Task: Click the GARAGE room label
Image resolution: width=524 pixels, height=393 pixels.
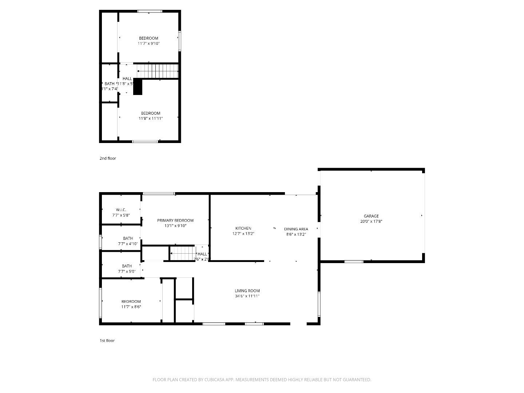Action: pyautogui.click(x=371, y=216)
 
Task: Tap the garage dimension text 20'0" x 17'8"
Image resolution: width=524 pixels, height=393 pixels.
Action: pyautogui.click(x=371, y=221)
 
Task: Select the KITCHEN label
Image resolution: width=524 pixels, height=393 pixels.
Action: pyautogui.click(x=243, y=229)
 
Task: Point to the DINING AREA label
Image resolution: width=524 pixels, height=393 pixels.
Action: pyautogui.click(x=296, y=229)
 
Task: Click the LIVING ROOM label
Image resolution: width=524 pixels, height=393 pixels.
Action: pyautogui.click(x=247, y=291)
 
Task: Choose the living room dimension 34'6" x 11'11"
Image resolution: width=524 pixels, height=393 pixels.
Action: pyautogui.click(x=247, y=296)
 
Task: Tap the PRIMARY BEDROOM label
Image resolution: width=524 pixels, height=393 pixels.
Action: pyautogui.click(x=175, y=221)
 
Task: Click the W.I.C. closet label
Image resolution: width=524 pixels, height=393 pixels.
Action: pyautogui.click(x=121, y=210)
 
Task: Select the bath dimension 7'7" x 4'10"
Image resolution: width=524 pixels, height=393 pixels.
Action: pyautogui.click(x=128, y=244)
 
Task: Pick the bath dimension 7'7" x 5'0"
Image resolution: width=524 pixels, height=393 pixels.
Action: pyautogui.click(x=127, y=271)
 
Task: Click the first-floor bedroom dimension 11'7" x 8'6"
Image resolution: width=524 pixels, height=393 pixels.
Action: pyautogui.click(x=131, y=307)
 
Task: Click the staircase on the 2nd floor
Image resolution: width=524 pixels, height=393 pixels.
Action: pyautogui.click(x=157, y=71)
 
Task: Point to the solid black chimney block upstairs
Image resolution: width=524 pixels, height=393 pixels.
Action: pyautogui.click(x=138, y=87)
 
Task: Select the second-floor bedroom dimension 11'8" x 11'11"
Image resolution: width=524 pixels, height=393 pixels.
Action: pyautogui.click(x=151, y=118)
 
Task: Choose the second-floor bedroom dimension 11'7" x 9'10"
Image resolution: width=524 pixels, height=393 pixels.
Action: pyautogui.click(x=148, y=44)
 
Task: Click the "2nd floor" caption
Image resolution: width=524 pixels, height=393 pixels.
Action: pyautogui.click(x=108, y=158)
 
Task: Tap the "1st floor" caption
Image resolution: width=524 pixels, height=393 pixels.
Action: pyautogui.click(x=107, y=341)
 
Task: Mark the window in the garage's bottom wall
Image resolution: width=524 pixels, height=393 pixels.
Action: pyautogui.click(x=354, y=261)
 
